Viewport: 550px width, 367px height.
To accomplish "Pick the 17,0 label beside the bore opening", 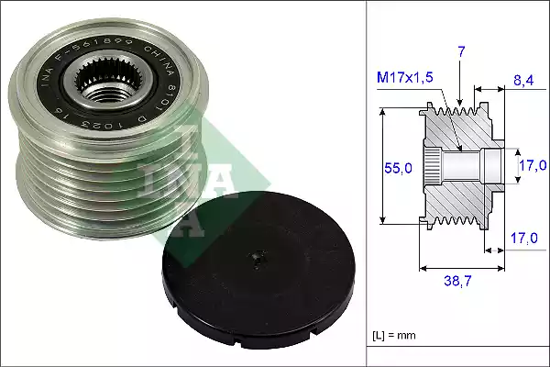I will pos(533,166).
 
